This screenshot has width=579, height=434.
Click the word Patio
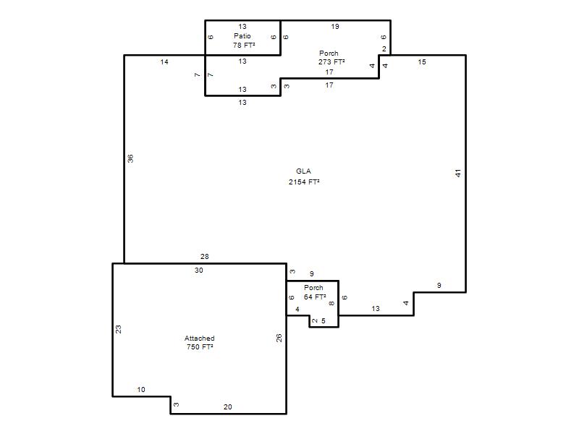click(242, 35)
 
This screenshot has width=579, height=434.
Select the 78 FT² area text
click(244, 45)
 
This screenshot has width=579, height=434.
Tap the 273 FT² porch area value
click(331, 62)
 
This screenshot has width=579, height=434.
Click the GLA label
click(303, 171)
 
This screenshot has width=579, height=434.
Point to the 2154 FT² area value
click(304, 182)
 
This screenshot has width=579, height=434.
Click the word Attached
click(200, 338)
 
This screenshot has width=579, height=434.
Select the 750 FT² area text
click(200, 347)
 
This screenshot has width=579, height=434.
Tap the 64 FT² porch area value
click(315, 297)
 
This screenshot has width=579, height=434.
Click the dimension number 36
click(130, 158)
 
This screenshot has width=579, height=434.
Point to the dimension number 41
click(458, 173)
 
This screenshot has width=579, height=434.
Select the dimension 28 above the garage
click(205, 257)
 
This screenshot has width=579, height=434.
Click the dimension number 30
click(199, 271)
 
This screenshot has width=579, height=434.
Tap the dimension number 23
click(119, 329)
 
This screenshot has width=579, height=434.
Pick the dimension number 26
click(279, 338)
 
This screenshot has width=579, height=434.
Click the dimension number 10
click(141, 390)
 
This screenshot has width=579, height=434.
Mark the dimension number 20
click(228, 407)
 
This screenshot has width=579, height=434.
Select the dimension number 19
click(335, 27)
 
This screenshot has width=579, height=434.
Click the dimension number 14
click(164, 62)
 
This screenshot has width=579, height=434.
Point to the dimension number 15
click(422, 62)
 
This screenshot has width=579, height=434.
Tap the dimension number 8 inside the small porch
click(331, 303)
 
